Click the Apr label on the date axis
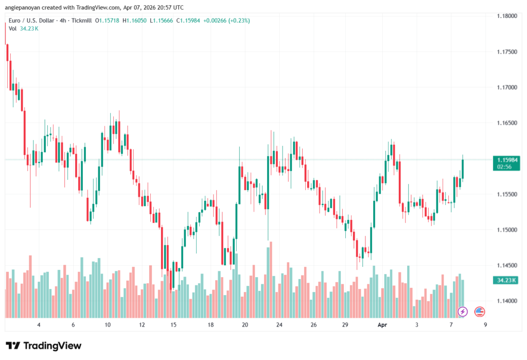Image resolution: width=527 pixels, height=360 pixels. pyautogui.click(x=382, y=325)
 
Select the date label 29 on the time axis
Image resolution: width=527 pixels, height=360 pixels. pyautogui.click(x=345, y=325)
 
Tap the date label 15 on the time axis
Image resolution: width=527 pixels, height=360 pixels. pyautogui.click(x=174, y=325)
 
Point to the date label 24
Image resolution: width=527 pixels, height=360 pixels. pyautogui.click(x=279, y=325)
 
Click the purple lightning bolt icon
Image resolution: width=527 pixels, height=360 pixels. pyautogui.click(x=463, y=311)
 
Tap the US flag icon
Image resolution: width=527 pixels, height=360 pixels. pyautogui.click(x=479, y=311)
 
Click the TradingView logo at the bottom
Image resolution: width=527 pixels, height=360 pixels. pyautogui.click(x=43, y=346)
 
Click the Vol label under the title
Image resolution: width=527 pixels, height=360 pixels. pyautogui.click(x=12, y=28)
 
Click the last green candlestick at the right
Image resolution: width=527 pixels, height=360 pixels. pyautogui.click(x=463, y=168)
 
